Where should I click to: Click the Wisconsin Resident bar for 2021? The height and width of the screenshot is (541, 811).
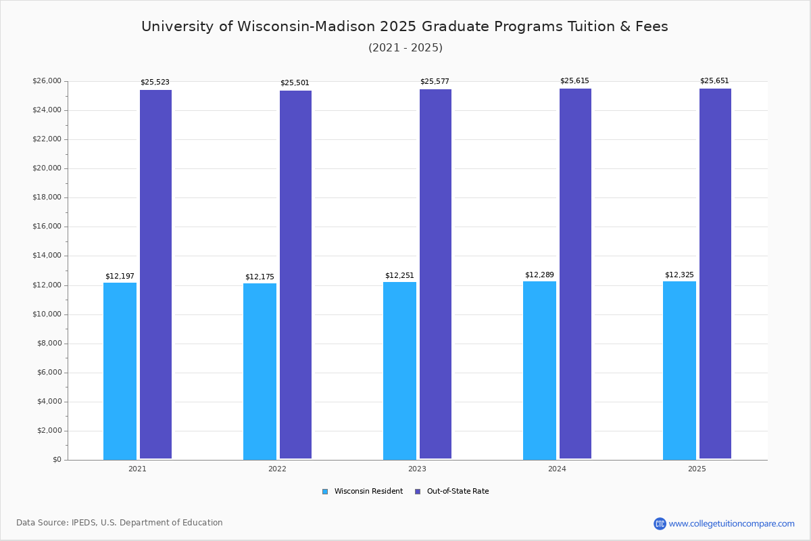(120, 371)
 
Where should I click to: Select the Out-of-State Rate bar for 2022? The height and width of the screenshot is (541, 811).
(295, 275)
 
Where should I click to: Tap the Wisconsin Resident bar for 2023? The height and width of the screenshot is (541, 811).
(399, 371)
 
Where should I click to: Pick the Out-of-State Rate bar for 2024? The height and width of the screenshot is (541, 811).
(575, 273)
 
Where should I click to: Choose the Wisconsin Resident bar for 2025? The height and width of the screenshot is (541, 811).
(679, 370)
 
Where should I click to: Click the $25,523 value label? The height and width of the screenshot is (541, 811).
(155, 83)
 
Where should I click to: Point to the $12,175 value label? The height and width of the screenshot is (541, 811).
(260, 277)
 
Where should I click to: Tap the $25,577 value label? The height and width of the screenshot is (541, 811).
(435, 82)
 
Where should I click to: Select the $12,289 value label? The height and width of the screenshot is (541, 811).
(539, 275)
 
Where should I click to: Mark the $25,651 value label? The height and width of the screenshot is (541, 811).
(714, 81)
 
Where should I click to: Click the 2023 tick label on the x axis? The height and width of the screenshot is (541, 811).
(417, 469)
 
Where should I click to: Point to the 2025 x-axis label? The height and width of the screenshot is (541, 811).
(697, 469)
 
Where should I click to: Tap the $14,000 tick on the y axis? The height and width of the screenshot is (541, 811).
(47, 256)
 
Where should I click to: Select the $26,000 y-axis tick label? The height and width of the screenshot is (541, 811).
(47, 81)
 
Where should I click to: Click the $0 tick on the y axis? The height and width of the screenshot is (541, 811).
(57, 460)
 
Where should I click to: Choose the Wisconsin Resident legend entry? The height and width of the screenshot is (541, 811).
(363, 492)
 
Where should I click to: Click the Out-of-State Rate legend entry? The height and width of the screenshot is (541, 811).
(452, 492)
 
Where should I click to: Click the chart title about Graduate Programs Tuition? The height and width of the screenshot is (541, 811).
(405, 26)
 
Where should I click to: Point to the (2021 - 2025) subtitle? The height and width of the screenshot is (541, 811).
(405, 48)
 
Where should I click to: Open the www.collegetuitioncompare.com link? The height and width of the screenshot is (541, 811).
(731, 523)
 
